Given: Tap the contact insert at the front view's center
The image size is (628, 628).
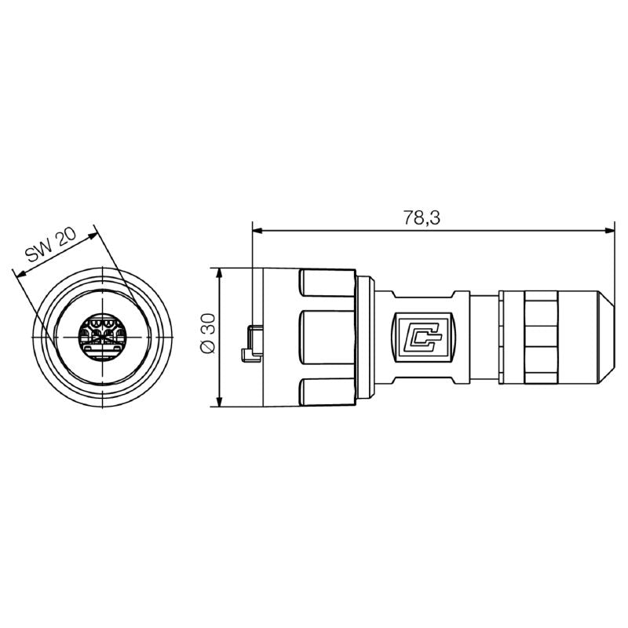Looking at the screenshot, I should tap(100, 337).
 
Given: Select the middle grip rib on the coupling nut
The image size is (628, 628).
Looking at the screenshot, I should tap(326, 338).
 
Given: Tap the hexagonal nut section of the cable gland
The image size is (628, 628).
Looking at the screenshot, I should tap(539, 338).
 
